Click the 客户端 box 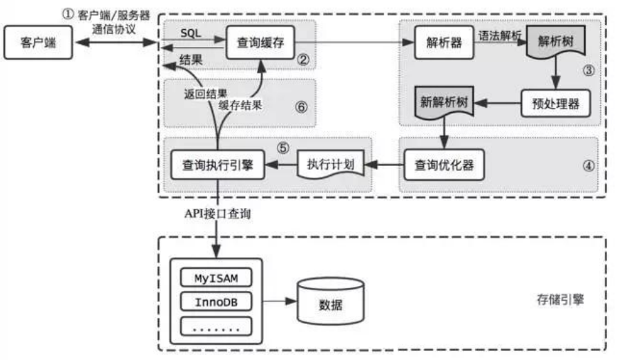pyautogui.click(x=39, y=44)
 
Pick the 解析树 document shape pyautogui.click(x=555, y=44)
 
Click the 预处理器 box pyautogui.click(x=555, y=104)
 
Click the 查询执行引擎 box pyautogui.click(x=218, y=165)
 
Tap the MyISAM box pyautogui.click(x=215, y=278)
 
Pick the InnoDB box pyautogui.click(x=215, y=301)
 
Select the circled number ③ pyautogui.click(x=588, y=70)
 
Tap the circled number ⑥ pyautogui.click(x=299, y=107)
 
